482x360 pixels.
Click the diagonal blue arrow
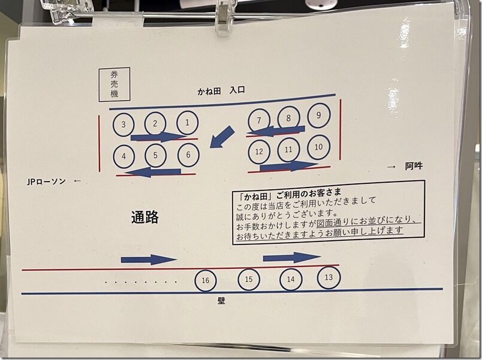(x=222, y=137)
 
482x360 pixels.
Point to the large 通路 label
(x=145, y=217)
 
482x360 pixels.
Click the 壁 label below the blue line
(x=221, y=301)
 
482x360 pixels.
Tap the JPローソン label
(x=46, y=181)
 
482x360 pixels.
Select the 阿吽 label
(x=414, y=166)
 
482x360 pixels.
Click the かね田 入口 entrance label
(x=221, y=91)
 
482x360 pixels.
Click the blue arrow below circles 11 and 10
(x=289, y=166)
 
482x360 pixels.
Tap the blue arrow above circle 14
(x=292, y=258)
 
